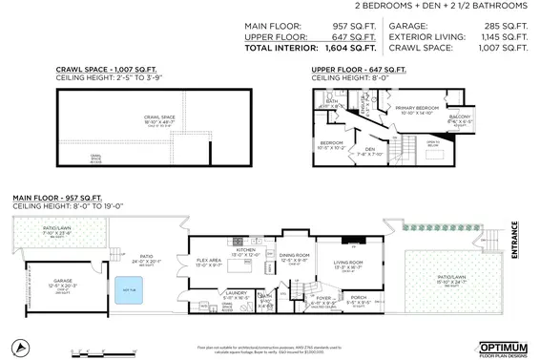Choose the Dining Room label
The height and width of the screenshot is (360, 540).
295,256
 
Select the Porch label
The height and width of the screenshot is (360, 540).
359,299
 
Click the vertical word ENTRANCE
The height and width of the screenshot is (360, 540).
514,236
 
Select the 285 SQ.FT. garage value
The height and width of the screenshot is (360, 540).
505,26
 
